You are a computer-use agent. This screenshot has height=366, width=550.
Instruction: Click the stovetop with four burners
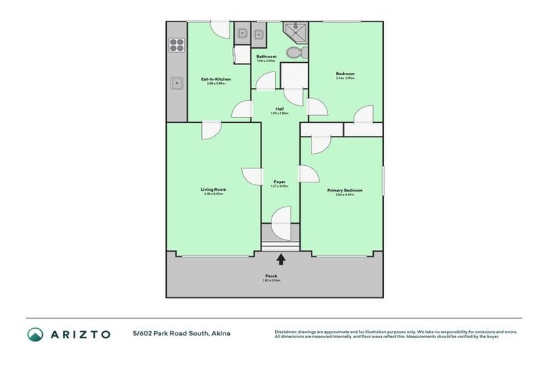point(176,46)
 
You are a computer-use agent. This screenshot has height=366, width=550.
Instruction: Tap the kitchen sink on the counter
point(175,83)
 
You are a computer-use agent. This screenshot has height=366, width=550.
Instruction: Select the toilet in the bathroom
point(294,52)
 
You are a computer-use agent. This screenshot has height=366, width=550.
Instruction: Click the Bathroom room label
point(266,56)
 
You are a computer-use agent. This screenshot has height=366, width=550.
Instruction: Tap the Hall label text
point(280,109)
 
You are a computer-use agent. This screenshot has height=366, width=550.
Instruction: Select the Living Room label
point(213,189)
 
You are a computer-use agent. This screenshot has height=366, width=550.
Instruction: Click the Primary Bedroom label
point(344,189)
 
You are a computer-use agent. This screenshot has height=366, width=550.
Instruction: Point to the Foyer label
point(280,182)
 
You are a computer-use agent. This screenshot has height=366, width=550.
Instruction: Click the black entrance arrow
point(281,259)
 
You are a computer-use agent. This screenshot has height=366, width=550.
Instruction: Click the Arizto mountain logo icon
point(35,334)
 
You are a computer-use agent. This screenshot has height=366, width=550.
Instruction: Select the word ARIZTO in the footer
point(80,334)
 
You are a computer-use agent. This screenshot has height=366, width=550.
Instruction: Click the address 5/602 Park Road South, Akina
point(181,334)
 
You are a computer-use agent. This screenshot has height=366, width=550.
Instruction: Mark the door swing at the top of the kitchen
point(220,29)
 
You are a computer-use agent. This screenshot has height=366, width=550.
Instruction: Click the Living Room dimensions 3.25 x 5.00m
point(213,194)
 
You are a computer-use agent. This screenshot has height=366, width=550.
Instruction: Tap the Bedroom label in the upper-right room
point(345,74)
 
